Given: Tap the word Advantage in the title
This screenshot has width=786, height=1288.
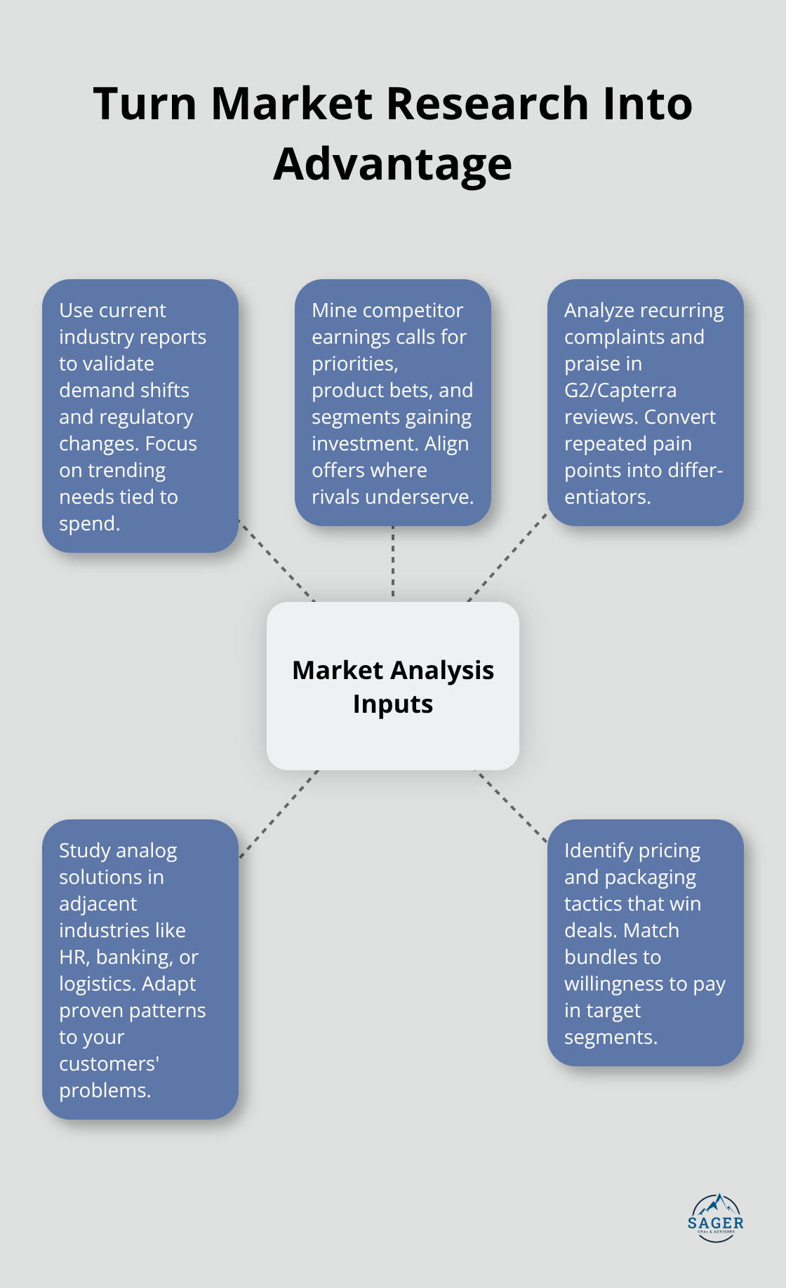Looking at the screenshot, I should pos(392,164).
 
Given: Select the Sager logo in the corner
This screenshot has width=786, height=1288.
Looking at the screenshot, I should pos(715,1217).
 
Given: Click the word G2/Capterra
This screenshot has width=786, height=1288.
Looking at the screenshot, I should pos(620,390).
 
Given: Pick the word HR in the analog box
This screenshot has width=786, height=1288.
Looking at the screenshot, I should pos(74,957).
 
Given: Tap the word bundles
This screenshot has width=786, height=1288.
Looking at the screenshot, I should pos(613,957).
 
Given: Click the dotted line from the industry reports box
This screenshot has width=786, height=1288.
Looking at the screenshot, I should pos(277,561).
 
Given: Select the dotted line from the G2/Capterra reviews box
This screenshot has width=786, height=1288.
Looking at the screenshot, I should pos(507,556).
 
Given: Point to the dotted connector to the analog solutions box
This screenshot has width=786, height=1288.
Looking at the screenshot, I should pos(279,814).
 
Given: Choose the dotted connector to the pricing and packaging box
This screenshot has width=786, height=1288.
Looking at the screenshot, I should pos(511,805).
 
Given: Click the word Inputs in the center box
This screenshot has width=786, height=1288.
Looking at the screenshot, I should pos(393,704).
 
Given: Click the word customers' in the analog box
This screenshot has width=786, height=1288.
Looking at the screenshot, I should pos(109,1064).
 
